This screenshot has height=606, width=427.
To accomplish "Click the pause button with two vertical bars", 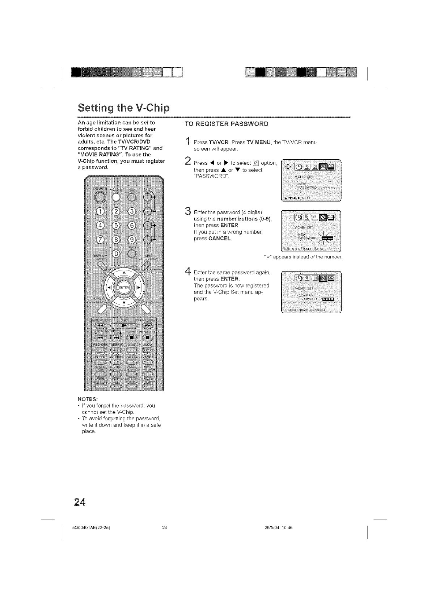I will coord(148,338).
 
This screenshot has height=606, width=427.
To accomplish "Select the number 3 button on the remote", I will coord(132,211).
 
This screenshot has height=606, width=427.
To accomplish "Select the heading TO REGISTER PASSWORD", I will coord(226,124).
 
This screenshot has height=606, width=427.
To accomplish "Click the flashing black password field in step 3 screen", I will coord(330,238).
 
